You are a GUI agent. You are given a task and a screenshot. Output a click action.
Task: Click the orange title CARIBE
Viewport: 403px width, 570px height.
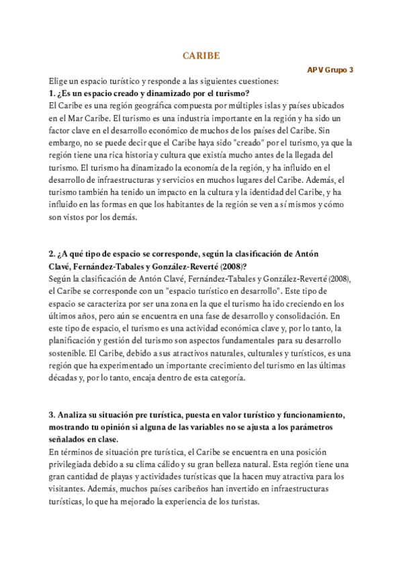(x=201, y=56)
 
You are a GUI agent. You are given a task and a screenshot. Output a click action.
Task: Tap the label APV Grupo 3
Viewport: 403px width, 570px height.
(x=330, y=70)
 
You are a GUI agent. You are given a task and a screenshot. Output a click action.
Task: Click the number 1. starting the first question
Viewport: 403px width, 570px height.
(x=53, y=93)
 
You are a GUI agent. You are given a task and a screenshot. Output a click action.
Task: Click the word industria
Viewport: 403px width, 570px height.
(x=198, y=118)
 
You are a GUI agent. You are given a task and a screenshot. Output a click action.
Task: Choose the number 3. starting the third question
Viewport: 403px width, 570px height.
(x=53, y=415)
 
